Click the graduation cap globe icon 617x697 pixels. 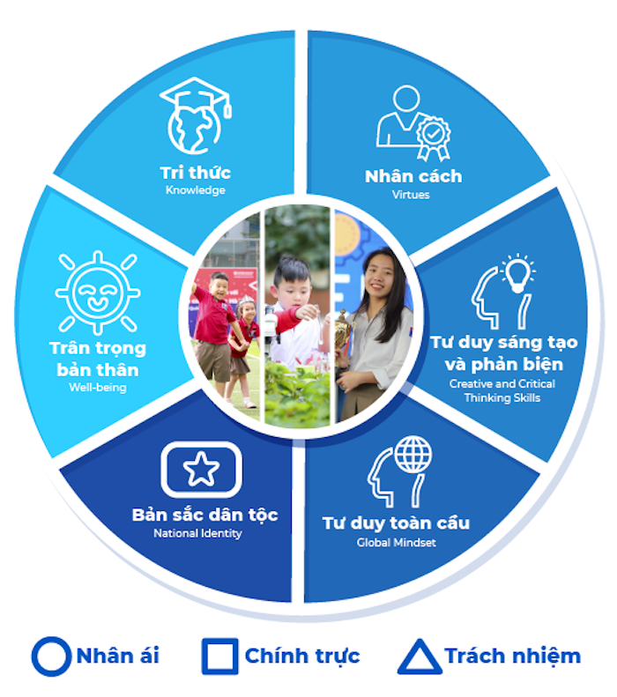196,115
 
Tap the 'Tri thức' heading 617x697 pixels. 196,173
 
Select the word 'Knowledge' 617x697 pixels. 196,190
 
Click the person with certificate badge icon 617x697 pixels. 413,123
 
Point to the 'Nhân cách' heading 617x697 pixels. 413,176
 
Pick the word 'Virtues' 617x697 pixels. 411,195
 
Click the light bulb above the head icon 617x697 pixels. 517,273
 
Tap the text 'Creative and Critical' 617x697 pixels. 502,383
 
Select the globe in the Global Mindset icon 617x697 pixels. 413,455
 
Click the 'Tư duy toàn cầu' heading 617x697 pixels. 396,523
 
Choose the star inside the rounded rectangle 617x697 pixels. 201,469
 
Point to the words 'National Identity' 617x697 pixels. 197,533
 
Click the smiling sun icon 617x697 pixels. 98,293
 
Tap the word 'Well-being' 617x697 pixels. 98,387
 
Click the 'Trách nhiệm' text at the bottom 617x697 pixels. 513,656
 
